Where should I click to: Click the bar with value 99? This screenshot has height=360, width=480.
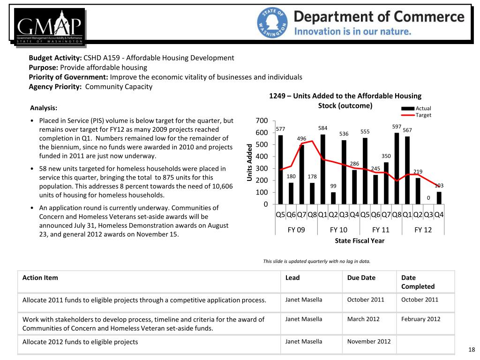coord(333,198)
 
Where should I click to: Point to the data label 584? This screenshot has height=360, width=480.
coord(322,128)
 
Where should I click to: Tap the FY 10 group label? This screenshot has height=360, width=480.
coord(338,230)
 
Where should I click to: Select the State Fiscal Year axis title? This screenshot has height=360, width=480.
coord(360,240)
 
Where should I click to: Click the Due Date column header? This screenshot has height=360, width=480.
coord(361,277)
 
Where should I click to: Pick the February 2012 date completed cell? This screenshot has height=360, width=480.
coord(420,319)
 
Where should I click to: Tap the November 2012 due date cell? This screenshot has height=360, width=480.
coord(369,341)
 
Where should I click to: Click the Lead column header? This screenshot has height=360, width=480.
coord(292,277)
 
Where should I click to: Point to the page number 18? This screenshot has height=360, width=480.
coord(472,350)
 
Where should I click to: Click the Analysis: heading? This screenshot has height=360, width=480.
coord(44,107)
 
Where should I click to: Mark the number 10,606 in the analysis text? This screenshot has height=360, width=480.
coord(221,186)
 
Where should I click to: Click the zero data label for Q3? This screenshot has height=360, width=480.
coord(428,198)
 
